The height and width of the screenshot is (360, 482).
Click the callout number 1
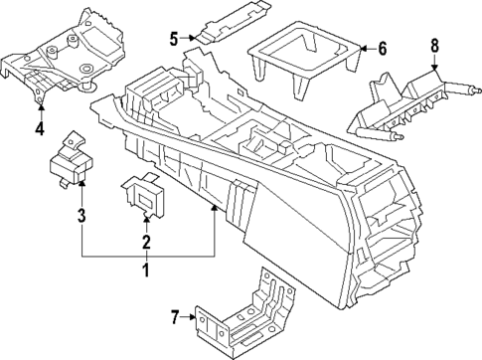(x=145, y=270)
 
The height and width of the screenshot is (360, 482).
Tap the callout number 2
(x=145, y=242)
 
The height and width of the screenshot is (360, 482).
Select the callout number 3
(x=81, y=216)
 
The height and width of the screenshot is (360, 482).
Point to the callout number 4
(x=39, y=128)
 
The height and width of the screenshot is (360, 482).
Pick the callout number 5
(x=174, y=39)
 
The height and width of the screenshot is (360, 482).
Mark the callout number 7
(x=175, y=318)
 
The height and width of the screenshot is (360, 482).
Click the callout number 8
(x=433, y=45)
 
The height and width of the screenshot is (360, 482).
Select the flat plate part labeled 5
(x=231, y=21)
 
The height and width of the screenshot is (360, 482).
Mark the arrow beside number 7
(x=191, y=318)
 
